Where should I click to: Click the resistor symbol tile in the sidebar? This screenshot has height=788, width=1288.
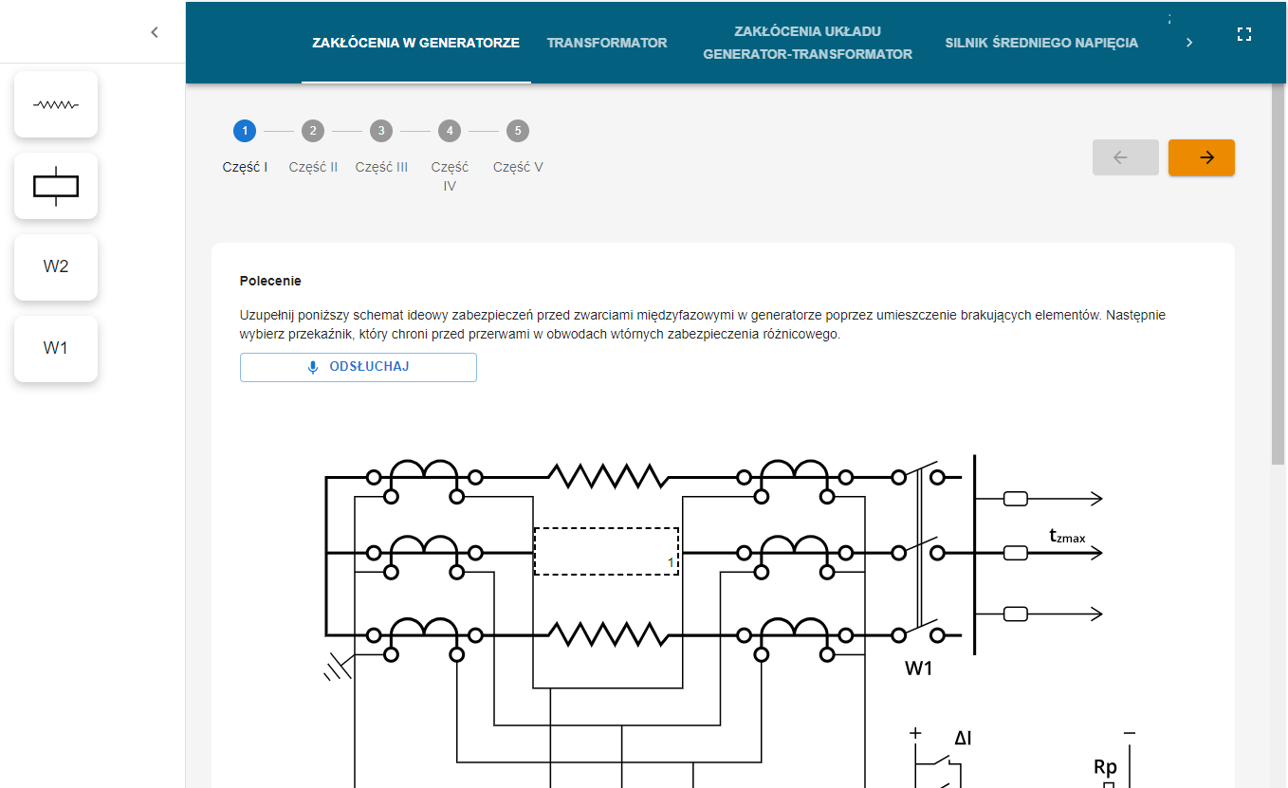coord(56,104)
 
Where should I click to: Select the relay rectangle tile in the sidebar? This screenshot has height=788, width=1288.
coord(56,186)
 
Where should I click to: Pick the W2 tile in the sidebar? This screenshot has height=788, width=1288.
coord(56,266)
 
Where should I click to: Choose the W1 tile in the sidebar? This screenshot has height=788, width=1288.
coord(56,348)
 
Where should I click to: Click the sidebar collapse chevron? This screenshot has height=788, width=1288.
coord(155,32)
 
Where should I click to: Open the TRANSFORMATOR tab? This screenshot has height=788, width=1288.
coord(607,43)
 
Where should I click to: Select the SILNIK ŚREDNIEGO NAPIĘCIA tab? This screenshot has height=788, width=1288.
coord(1041,43)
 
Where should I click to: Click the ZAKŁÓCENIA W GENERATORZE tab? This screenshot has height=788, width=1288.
coord(415,43)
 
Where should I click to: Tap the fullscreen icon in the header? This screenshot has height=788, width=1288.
coord(1244,34)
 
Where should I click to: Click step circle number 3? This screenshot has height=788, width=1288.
coord(381,131)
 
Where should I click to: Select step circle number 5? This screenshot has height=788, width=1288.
coord(518,131)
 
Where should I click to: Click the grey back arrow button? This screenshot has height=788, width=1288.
coord(1125,157)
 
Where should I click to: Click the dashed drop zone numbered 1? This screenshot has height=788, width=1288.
coord(607,551)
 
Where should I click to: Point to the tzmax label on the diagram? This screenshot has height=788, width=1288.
coord(1067,537)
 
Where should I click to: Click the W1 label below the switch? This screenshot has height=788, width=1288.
coord(918,668)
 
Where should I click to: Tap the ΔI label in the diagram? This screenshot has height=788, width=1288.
coord(962,738)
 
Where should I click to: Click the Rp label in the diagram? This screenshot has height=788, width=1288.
coord(1105,767)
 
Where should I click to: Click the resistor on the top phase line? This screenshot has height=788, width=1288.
coord(607,476)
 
